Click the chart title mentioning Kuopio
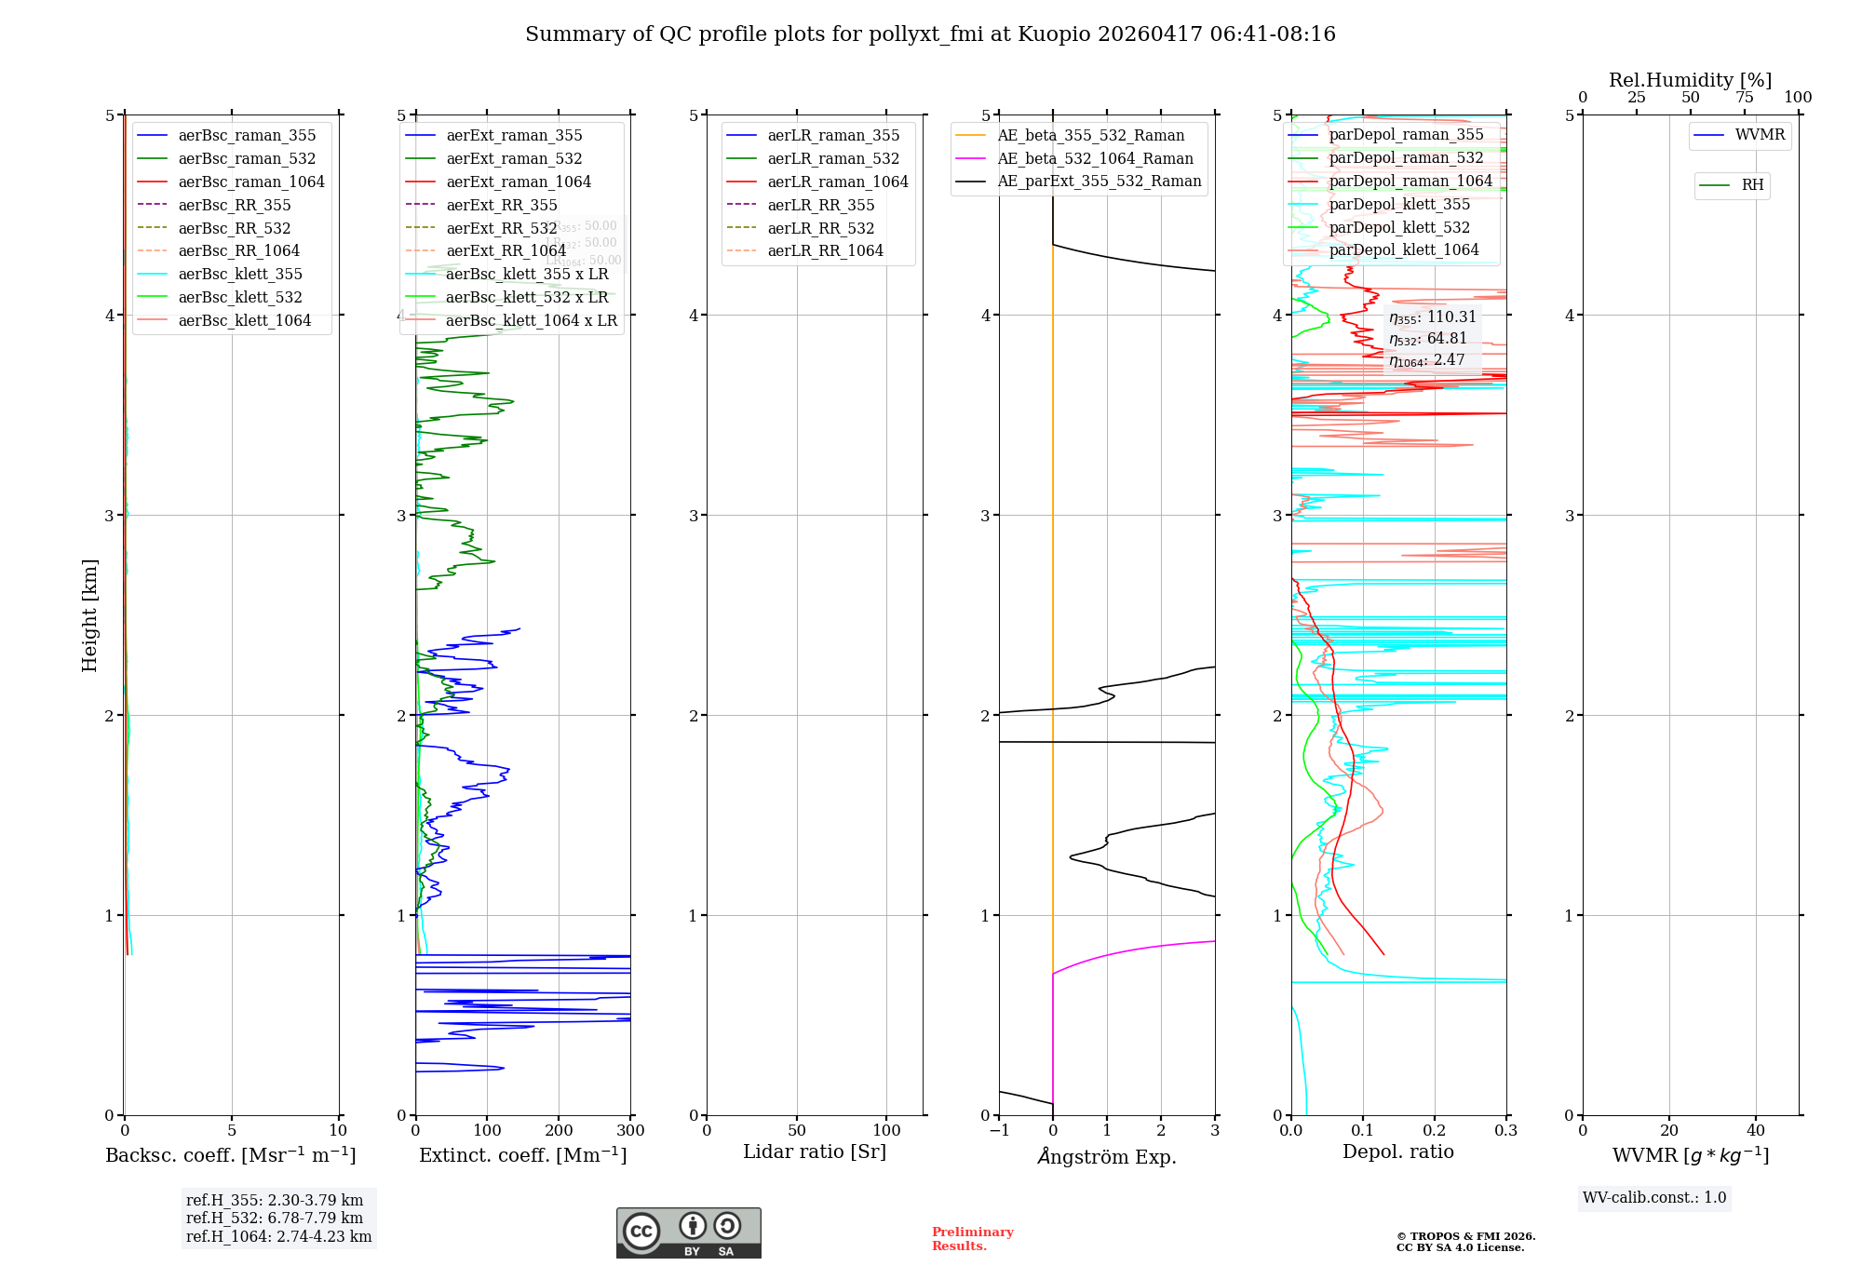[x=930, y=34]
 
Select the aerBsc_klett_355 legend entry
[x=239, y=274]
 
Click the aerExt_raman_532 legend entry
[x=513, y=158]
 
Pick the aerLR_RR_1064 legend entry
[x=824, y=250]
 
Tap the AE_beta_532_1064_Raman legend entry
[x=1094, y=158]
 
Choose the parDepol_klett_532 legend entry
[x=1398, y=227]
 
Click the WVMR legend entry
[x=1759, y=135]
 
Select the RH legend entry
[x=1751, y=185]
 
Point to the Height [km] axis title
[x=89, y=615]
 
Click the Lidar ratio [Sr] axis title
[x=815, y=1152]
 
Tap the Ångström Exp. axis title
[x=1107, y=1156]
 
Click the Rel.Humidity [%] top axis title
[x=1690, y=80]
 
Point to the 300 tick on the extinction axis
[x=631, y=1130]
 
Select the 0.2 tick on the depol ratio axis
[x=1435, y=1130]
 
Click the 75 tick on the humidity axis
[x=1744, y=98]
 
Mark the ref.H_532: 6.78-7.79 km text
[x=275, y=1218]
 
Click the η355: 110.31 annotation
[x=1432, y=317]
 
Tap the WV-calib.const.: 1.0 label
[x=1654, y=1198]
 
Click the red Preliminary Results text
[x=972, y=1239]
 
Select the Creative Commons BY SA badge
[x=688, y=1233]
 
